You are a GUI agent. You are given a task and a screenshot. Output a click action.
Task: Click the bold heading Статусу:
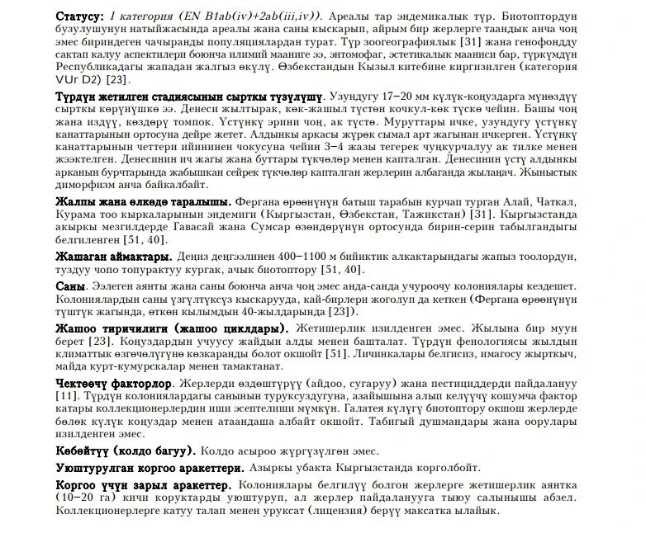coord(79,17)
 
